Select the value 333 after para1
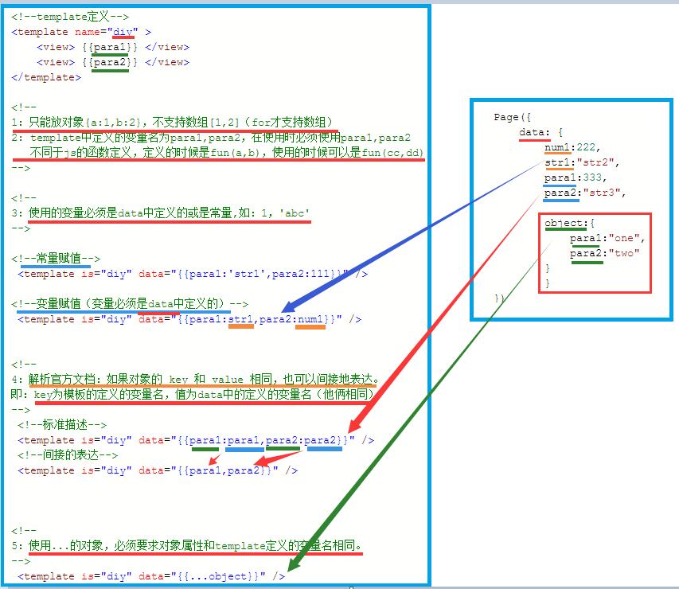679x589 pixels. click(592, 177)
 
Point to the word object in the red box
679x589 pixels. click(564, 223)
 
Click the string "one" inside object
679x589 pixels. click(624, 238)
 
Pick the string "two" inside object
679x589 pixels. click(624, 253)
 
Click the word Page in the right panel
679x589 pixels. click(506, 117)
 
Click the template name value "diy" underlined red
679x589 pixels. click(123, 32)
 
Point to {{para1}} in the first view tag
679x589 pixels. click(110, 47)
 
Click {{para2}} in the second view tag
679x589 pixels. click(110, 62)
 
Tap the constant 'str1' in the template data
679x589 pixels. click(247, 274)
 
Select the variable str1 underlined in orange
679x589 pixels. click(240, 320)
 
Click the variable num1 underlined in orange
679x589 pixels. click(310, 320)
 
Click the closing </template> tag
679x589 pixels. click(46, 77)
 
